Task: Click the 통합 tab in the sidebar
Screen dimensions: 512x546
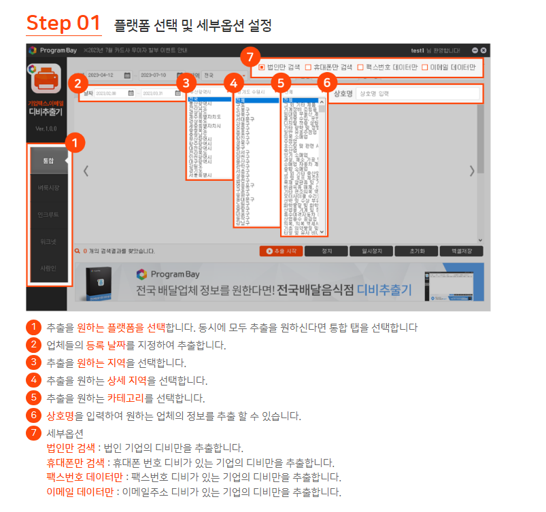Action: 48,160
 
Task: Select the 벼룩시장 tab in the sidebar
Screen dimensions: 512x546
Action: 48,187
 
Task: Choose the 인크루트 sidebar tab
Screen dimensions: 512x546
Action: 48,214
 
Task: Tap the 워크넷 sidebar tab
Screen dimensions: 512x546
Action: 48,241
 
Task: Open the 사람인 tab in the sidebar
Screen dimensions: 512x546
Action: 48,268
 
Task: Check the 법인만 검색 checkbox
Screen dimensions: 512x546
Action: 262,67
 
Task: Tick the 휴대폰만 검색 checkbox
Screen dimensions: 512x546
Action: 308,67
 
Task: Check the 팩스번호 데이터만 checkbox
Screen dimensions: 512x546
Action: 360,67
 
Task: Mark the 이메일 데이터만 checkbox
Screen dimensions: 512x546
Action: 425,67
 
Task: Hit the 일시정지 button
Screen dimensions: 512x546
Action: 371,251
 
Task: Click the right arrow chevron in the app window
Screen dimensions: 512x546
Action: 472,171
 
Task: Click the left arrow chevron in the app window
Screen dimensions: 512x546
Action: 86,171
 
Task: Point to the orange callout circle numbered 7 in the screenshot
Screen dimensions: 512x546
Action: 250,56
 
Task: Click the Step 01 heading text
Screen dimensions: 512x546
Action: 63,23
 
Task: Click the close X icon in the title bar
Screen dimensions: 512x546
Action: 483,50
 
